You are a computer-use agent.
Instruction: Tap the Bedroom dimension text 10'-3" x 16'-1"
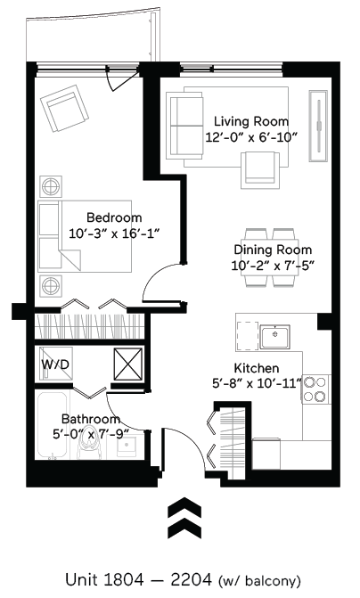click(x=114, y=233)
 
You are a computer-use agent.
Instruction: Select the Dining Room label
click(x=272, y=250)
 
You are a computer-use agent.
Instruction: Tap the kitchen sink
click(x=277, y=338)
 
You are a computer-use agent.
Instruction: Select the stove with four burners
click(x=315, y=389)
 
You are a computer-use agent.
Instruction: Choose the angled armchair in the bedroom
click(x=66, y=110)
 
